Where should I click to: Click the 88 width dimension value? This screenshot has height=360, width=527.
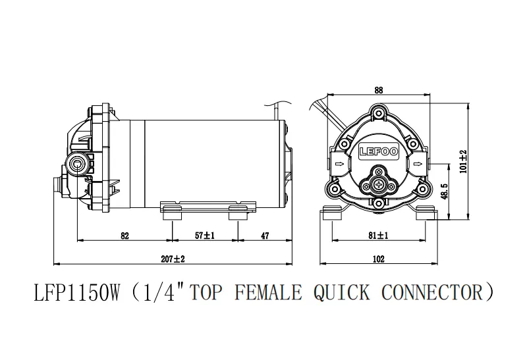pyautogui.click(x=378, y=90)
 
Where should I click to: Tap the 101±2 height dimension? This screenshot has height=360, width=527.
pyautogui.click(x=464, y=161)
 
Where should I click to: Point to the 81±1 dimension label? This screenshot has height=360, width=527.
pyautogui.click(x=378, y=236)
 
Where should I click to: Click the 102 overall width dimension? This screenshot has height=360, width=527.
pyautogui.click(x=378, y=259)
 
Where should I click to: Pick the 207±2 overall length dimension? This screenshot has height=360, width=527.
pyautogui.click(x=173, y=259)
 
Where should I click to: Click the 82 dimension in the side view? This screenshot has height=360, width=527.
pyautogui.click(x=125, y=236)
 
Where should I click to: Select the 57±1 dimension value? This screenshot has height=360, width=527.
pyautogui.click(x=205, y=236)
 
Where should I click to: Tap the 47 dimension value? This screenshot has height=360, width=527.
pyautogui.click(x=265, y=236)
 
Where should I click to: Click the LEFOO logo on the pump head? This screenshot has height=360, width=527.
pyautogui.click(x=379, y=151)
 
